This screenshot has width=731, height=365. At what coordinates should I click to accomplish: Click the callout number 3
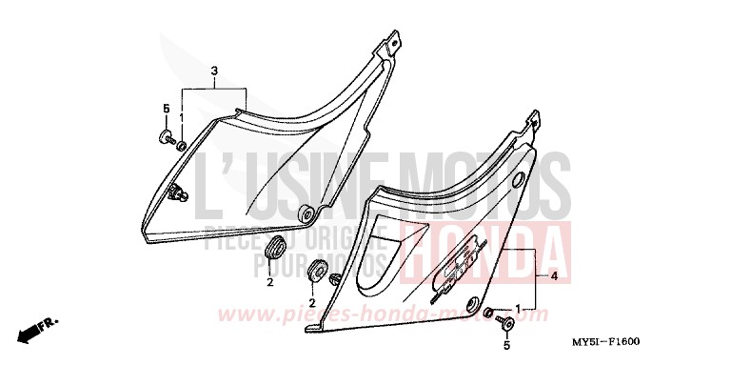(214, 71)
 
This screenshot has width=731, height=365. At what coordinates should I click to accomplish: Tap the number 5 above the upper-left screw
(165, 108)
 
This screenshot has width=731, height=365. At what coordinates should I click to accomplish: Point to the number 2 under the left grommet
(269, 283)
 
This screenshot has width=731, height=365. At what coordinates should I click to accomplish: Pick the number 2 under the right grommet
(311, 302)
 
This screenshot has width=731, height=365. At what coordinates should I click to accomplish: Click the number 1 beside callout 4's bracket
(517, 310)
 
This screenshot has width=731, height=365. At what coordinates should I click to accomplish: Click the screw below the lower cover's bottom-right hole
(502, 318)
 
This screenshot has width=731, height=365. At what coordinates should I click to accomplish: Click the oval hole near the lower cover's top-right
(517, 180)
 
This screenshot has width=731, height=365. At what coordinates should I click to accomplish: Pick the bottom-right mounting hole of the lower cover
(473, 305)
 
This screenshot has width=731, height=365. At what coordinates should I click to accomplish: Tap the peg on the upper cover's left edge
(178, 196)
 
